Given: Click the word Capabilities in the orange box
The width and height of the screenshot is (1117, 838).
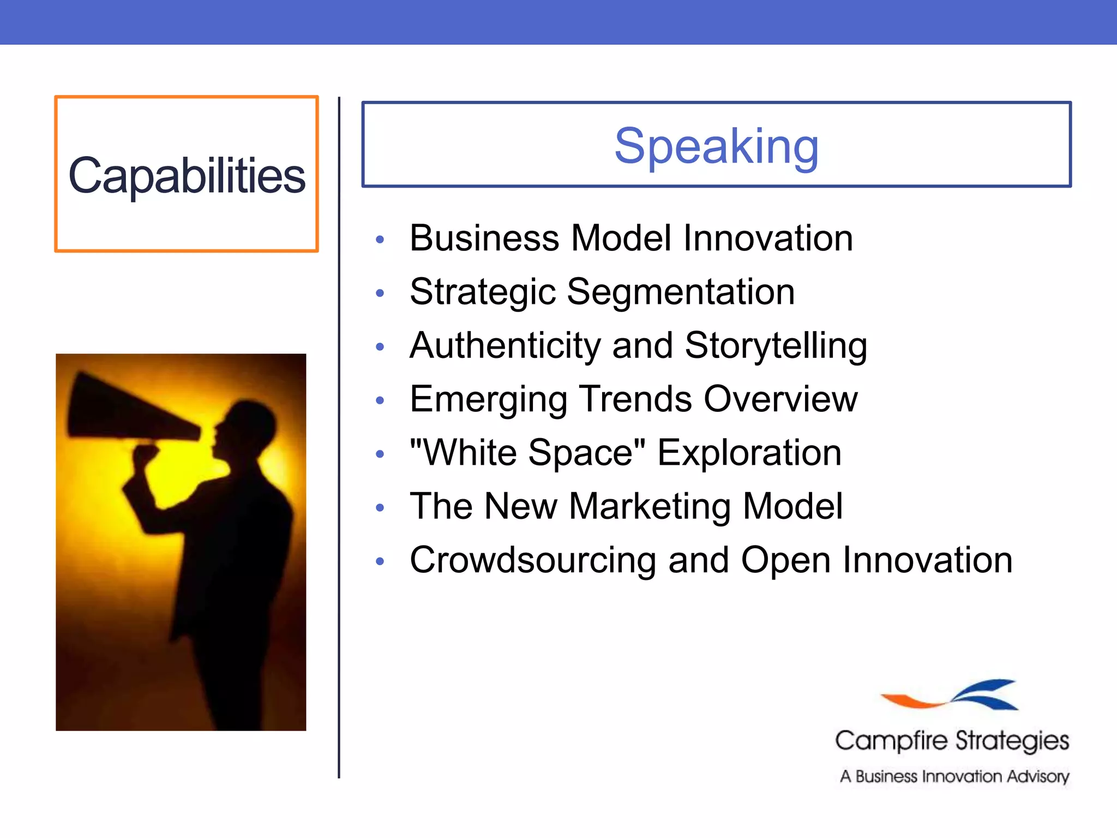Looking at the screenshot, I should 187,176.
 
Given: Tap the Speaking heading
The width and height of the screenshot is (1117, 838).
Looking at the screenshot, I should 716,146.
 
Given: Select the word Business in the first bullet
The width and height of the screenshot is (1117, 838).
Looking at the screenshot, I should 484,238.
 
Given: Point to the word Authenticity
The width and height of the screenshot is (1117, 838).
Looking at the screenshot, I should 505,346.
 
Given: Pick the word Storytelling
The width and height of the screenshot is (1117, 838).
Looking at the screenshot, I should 776,346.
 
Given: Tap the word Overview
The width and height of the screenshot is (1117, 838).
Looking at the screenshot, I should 780,399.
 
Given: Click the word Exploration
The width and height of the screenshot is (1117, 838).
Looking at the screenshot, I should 749,453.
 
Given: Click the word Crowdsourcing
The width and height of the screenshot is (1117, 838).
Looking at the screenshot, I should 533,560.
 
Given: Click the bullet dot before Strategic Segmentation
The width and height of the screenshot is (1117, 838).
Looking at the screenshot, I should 380,293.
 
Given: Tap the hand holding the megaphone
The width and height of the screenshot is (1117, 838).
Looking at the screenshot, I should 145,456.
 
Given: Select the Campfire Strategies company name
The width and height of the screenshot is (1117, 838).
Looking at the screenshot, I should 952,741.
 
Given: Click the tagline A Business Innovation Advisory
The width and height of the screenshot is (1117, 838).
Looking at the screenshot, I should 954,776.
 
